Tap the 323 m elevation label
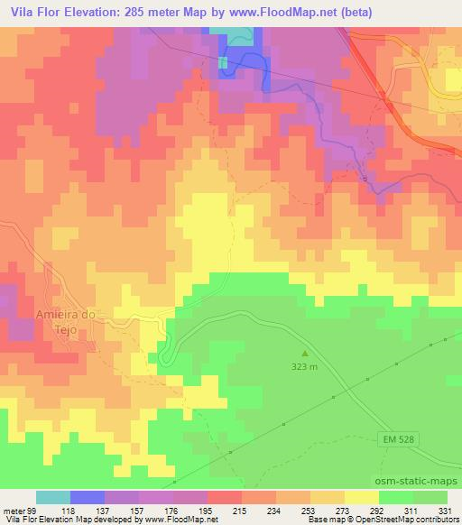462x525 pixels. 304,367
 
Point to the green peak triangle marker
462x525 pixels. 304,354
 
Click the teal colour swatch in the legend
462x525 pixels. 53,497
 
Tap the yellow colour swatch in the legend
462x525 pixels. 361,497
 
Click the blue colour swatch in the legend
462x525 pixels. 88,497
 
